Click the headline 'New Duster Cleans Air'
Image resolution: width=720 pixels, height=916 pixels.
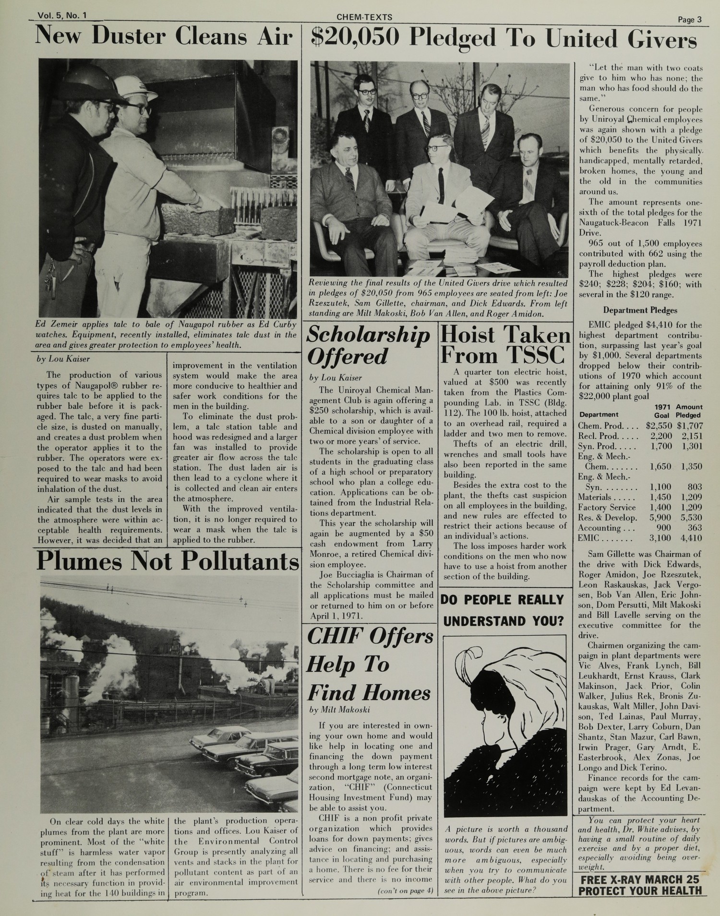(164, 37)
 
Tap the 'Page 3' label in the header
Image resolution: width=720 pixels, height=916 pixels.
(690, 20)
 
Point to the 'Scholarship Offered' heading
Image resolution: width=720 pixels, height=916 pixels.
(368, 345)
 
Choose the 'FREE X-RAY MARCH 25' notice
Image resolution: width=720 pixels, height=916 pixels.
(640, 880)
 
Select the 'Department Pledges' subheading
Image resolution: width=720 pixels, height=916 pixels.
(640, 310)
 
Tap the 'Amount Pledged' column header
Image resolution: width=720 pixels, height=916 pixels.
(688, 411)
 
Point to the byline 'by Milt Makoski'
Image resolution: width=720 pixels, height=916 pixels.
(339, 709)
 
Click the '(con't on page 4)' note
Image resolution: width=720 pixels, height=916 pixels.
(406, 891)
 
